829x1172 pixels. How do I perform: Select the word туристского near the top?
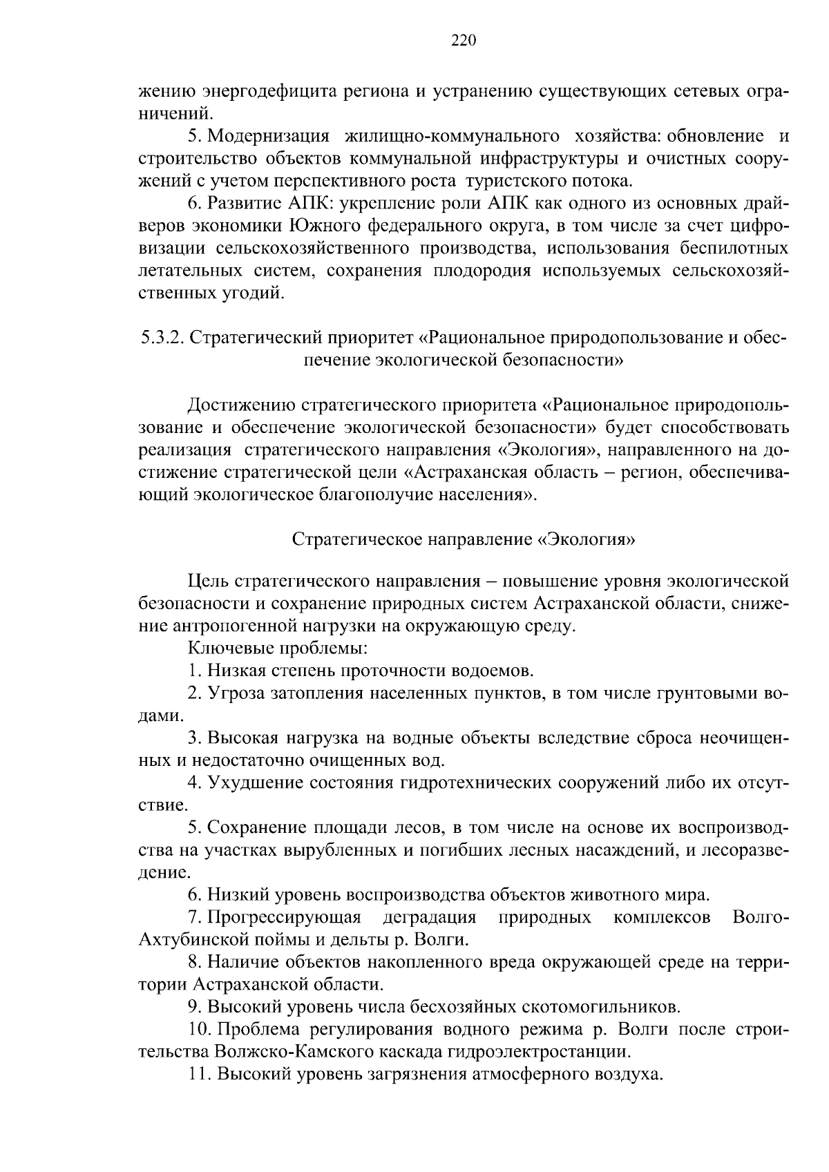point(511,182)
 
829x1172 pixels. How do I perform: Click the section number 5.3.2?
point(160,338)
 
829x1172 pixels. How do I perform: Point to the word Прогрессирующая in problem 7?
point(284,918)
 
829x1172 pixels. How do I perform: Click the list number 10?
point(200,1030)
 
